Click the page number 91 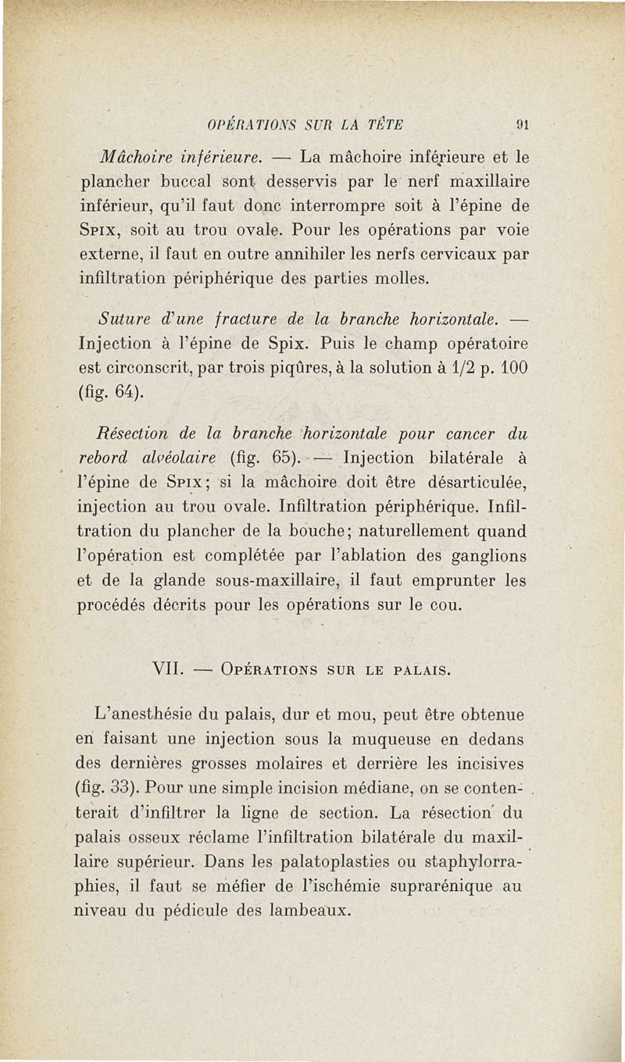(x=526, y=124)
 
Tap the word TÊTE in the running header (x=382, y=124)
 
